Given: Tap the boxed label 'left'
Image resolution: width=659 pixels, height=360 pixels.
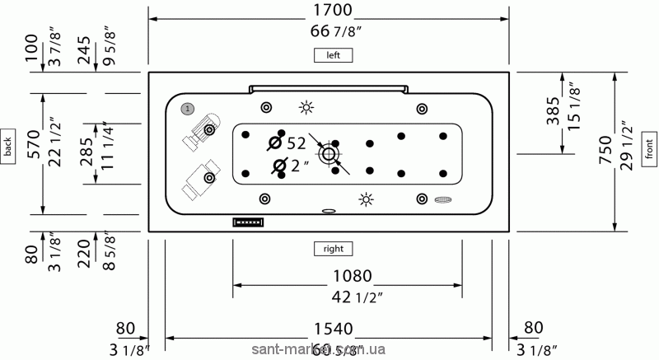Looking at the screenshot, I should [x=333, y=55].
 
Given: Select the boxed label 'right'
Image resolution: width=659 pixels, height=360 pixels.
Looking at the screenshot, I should [x=333, y=247].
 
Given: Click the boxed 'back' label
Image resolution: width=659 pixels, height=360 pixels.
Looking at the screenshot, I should [x=8, y=146].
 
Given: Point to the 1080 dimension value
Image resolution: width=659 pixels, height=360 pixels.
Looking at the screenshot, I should [x=347, y=276].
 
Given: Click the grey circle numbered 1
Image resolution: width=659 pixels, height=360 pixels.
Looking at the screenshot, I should [x=188, y=108].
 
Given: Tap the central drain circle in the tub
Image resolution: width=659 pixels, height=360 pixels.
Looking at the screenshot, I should [x=329, y=154].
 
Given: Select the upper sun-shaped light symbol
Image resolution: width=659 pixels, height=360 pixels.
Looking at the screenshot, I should [x=306, y=108].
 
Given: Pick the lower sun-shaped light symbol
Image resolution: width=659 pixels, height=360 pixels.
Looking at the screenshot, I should [x=366, y=199].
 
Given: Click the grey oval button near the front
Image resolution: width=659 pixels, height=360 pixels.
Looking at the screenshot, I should [x=444, y=199].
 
